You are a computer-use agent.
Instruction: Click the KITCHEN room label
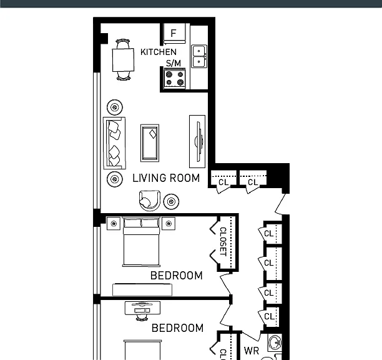tap(159, 52)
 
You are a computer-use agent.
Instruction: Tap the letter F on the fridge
tap(174, 33)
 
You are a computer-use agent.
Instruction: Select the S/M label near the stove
tap(174, 63)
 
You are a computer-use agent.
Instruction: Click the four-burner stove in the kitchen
tap(175, 79)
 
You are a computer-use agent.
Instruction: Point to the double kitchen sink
tap(199, 56)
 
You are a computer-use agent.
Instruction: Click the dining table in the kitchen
tap(123, 60)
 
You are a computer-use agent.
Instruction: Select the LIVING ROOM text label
tap(166, 178)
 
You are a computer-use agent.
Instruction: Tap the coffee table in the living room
tap(150, 143)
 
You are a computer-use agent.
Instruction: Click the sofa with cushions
tap(114, 143)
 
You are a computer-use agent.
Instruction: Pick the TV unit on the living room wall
tap(197, 141)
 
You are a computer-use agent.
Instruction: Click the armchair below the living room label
tap(150, 201)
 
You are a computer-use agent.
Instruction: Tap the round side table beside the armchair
tap(171, 202)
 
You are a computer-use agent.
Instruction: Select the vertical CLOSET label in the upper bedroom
tap(223, 242)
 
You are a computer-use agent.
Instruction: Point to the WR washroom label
tap(252, 351)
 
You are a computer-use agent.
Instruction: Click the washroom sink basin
tap(275, 342)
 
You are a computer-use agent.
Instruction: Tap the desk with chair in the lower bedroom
tap(142, 310)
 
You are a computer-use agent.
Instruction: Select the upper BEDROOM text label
tap(177, 276)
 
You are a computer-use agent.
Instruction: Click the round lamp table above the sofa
tap(115, 107)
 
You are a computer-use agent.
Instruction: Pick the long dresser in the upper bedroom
tap(142, 290)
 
